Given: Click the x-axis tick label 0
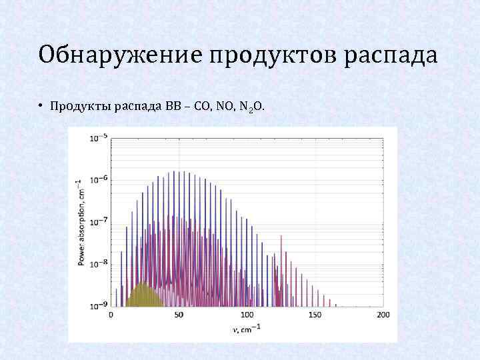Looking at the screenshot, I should pyautogui.click(x=111, y=315).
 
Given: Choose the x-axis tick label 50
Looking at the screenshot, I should pyautogui.click(x=178, y=315).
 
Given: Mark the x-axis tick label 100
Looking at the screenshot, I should pyautogui.click(x=247, y=315).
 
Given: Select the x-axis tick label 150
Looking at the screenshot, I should pyautogui.click(x=315, y=315).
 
